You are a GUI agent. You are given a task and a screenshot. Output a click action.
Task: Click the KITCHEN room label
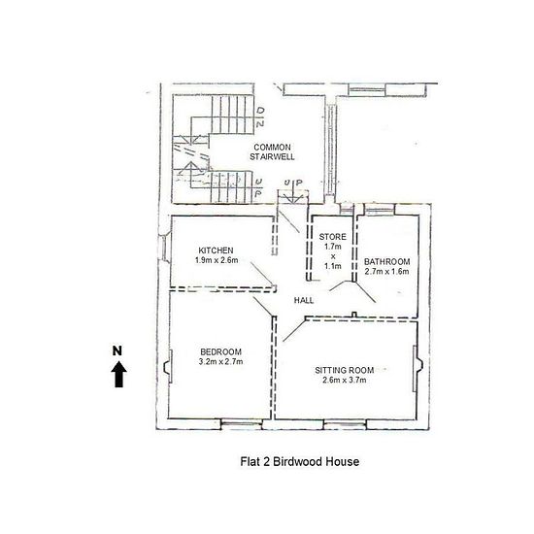coord(216,250)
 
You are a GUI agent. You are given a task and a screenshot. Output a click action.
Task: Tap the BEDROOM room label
coord(220,351)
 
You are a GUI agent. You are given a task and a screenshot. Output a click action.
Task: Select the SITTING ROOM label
coord(345,370)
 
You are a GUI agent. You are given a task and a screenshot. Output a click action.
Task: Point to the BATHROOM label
coord(386,261)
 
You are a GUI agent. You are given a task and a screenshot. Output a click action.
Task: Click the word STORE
coord(332,237)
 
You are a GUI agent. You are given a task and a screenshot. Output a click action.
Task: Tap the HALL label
coord(304,300)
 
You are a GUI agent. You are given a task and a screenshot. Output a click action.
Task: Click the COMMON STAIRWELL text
coord(272,151)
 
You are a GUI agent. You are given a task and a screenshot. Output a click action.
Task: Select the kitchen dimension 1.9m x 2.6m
coord(217,260)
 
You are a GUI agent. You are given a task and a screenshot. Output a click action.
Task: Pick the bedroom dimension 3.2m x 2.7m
coord(220,361)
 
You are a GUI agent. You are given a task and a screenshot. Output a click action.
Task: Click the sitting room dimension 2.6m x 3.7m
coord(345,380)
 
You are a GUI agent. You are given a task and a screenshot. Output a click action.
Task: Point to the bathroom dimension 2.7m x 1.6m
coord(386,272)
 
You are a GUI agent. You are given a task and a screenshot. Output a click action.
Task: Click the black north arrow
coord(118,374)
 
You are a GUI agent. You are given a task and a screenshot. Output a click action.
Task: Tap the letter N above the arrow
coord(117,350)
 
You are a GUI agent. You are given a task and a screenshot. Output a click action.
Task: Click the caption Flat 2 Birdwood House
coord(300,462)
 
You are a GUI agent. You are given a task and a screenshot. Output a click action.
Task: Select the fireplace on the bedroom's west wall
coord(168,367)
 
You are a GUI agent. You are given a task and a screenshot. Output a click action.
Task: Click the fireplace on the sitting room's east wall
coord(417,369)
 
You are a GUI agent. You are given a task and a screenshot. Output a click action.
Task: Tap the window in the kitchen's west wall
coord(164,248)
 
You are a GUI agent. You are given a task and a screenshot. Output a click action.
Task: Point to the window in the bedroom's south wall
coord(242,424)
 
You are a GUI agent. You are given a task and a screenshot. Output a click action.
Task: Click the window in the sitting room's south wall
coord(345,424)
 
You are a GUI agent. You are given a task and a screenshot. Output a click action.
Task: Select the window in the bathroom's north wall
coord(379,209)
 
